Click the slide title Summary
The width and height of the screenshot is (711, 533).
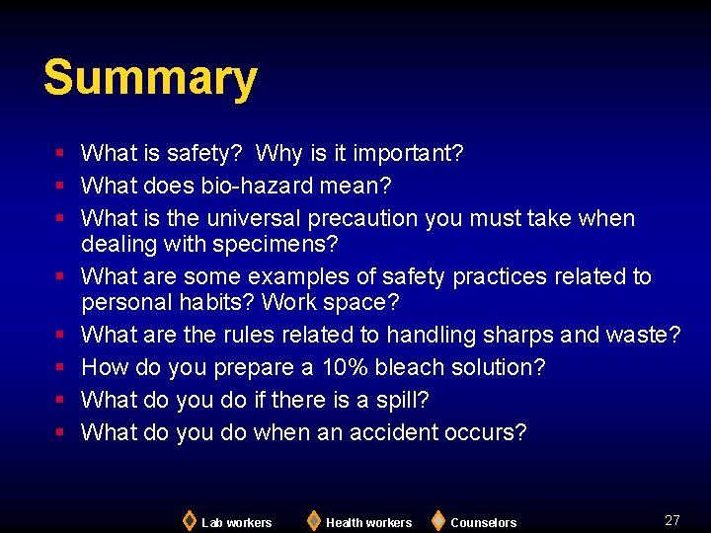pyautogui.click(x=150, y=78)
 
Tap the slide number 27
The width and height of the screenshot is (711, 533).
pyautogui.click(x=672, y=520)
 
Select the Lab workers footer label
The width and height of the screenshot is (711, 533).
pyautogui.click(x=236, y=522)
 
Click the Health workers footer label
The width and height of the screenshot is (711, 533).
pyautogui.click(x=368, y=522)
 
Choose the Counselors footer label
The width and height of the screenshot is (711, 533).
pyautogui.click(x=483, y=522)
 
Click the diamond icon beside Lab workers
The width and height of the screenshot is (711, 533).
pyautogui.click(x=189, y=520)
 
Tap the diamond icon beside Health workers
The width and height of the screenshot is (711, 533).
pyautogui.click(x=313, y=520)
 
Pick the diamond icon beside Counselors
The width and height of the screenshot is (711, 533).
pyautogui.click(x=437, y=520)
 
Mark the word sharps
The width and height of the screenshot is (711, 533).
pyautogui.click(x=518, y=335)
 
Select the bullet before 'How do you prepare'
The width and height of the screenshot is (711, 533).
pyautogui.click(x=60, y=367)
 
